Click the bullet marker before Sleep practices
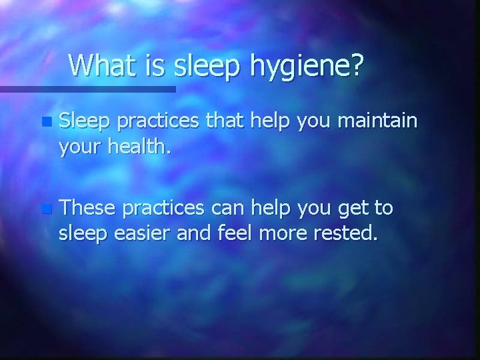click(x=45, y=123)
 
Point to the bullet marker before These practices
click(x=45, y=209)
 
